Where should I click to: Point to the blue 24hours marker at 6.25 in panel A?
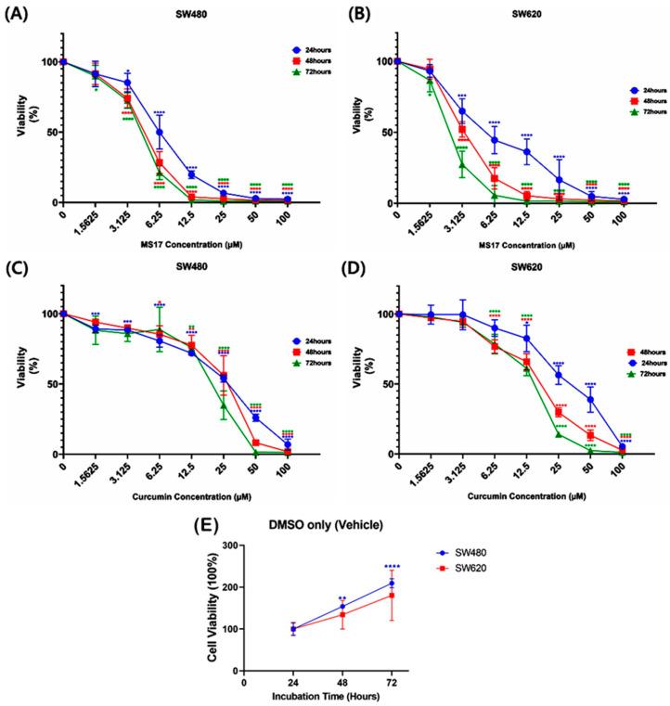pyautogui.click(x=160, y=132)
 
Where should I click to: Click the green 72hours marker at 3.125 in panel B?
pyautogui.click(x=461, y=165)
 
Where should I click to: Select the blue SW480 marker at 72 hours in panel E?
pyautogui.click(x=392, y=583)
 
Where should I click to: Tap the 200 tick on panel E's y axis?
pyautogui.click(x=230, y=586)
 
